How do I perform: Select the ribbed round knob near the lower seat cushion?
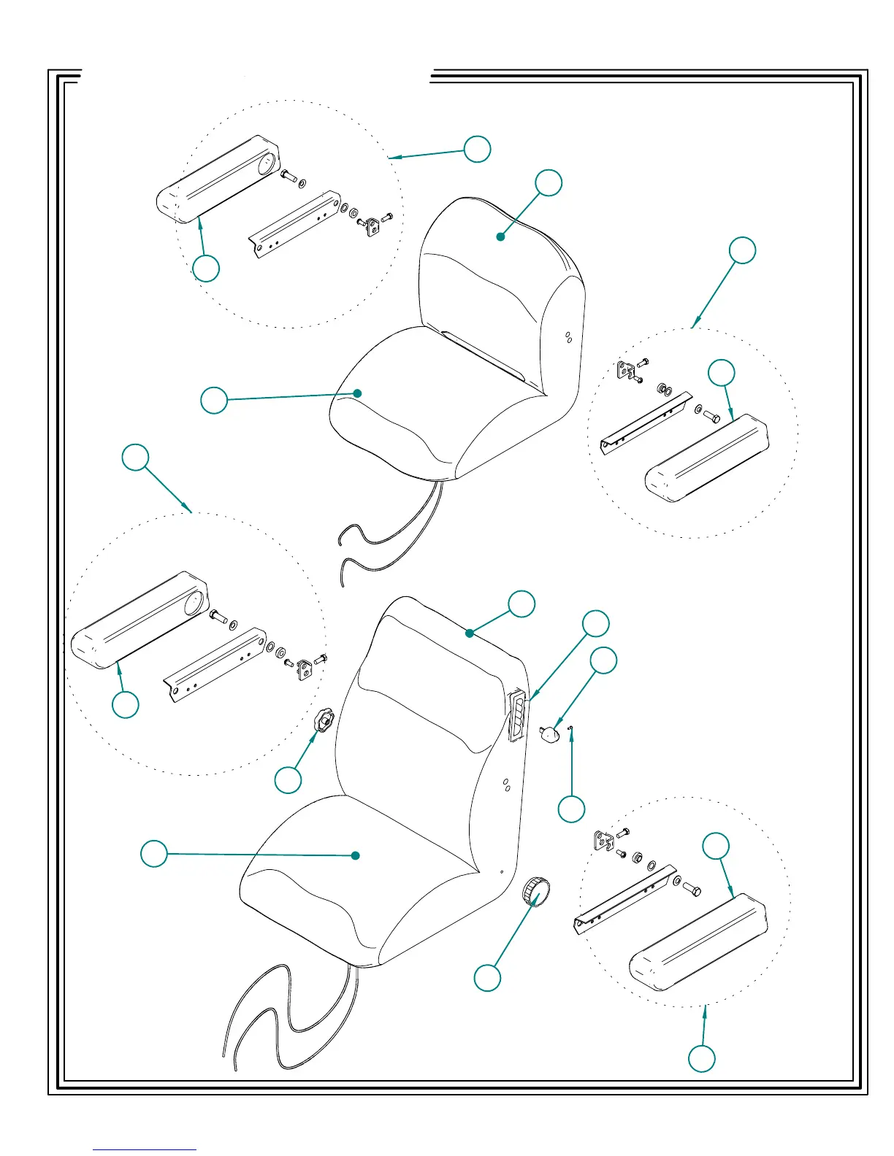pyautogui.click(x=536, y=892)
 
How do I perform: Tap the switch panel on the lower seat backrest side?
pyautogui.click(x=516, y=716)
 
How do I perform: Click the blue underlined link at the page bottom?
pyautogui.click(x=145, y=1149)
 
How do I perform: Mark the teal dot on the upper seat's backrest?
pyautogui.click(x=500, y=236)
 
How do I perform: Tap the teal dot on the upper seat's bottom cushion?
pyautogui.click(x=357, y=393)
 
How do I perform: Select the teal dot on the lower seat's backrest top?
pyautogui.click(x=470, y=633)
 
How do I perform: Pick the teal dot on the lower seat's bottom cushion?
pyautogui.click(x=356, y=855)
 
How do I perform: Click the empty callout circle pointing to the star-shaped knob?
pyautogui.click(x=288, y=779)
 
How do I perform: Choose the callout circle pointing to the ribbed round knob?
pyautogui.click(x=487, y=977)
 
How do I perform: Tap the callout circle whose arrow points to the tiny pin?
pyautogui.click(x=571, y=809)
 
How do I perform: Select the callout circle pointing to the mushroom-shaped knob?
pyautogui.click(x=603, y=660)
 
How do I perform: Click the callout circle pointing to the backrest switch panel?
pyautogui.click(x=595, y=623)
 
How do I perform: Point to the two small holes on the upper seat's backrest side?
pyautogui.click(x=568, y=337)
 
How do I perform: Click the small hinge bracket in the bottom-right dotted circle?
pyautogui.click(x=604, y=841)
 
